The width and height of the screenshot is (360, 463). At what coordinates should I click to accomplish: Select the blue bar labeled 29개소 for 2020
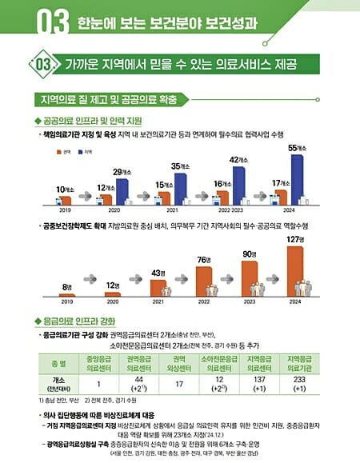pyautogui.click(x=122, y=191)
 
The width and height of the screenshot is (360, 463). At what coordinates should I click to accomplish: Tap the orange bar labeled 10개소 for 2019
pyautogui.click(x=66, y=200)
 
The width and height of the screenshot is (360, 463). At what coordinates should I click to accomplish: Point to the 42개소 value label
pyautogui.click(x=239, y=160)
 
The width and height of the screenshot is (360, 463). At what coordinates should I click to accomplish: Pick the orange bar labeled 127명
pyautogui.click(x=294, y=270)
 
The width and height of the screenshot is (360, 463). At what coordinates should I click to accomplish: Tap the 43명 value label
pyautogui.click(x=158, y=273)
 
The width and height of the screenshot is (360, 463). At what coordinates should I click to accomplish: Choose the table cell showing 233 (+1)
pyautogui.click(x=299, y=382)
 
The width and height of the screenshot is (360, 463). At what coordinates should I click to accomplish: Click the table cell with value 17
pyautogui.click(x=178, y=382)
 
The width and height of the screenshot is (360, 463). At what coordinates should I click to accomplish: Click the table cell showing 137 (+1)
pyautogui.click(x=258, y=382)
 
